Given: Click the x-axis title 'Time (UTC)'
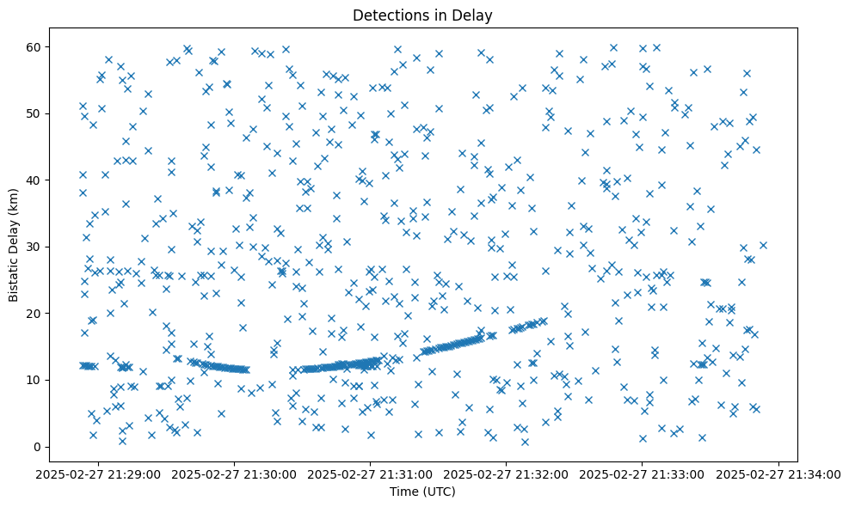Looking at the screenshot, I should [422, 492].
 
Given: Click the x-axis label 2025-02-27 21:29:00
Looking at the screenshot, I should [97, 473].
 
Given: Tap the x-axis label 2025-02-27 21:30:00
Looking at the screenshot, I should [234, 473].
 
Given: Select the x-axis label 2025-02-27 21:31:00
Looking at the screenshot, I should [371, 473].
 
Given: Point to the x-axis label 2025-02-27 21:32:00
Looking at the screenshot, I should [507, 473].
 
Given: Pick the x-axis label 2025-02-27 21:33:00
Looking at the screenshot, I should [643, 473].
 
